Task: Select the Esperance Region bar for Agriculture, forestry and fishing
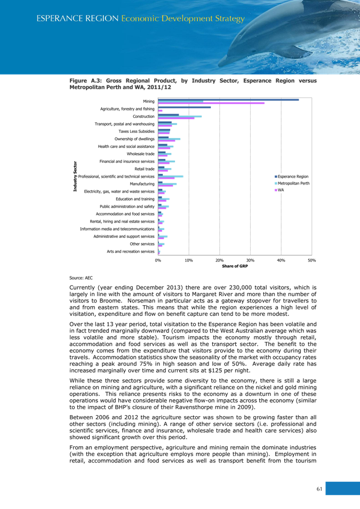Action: tap(185, 108)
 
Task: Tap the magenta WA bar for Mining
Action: tap(211, 103)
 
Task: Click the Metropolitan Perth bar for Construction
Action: tap(180, 116)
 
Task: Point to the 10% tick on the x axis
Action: tap(189, 260)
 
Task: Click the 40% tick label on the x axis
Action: tap(281, 260)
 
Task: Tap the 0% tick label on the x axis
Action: tap(158, 260)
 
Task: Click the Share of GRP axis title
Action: tap(235, 266)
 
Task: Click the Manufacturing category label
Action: tap(142, 184)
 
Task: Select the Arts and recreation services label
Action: tap(131, 251)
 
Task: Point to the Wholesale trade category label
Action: tap(141, 154)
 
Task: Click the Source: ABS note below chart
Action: tap(77, 278)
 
